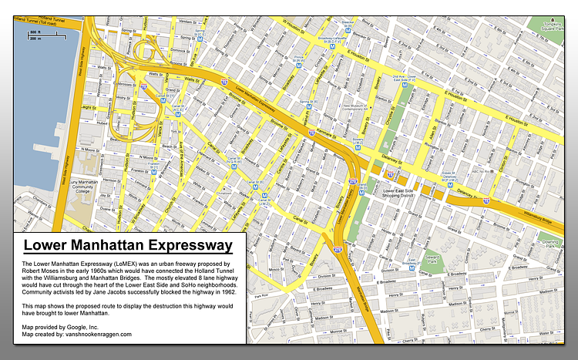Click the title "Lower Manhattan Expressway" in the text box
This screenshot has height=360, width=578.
[127, 247]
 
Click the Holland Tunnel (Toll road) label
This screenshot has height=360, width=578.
[42, 22]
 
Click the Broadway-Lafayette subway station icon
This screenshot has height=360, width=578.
[332, 46]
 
